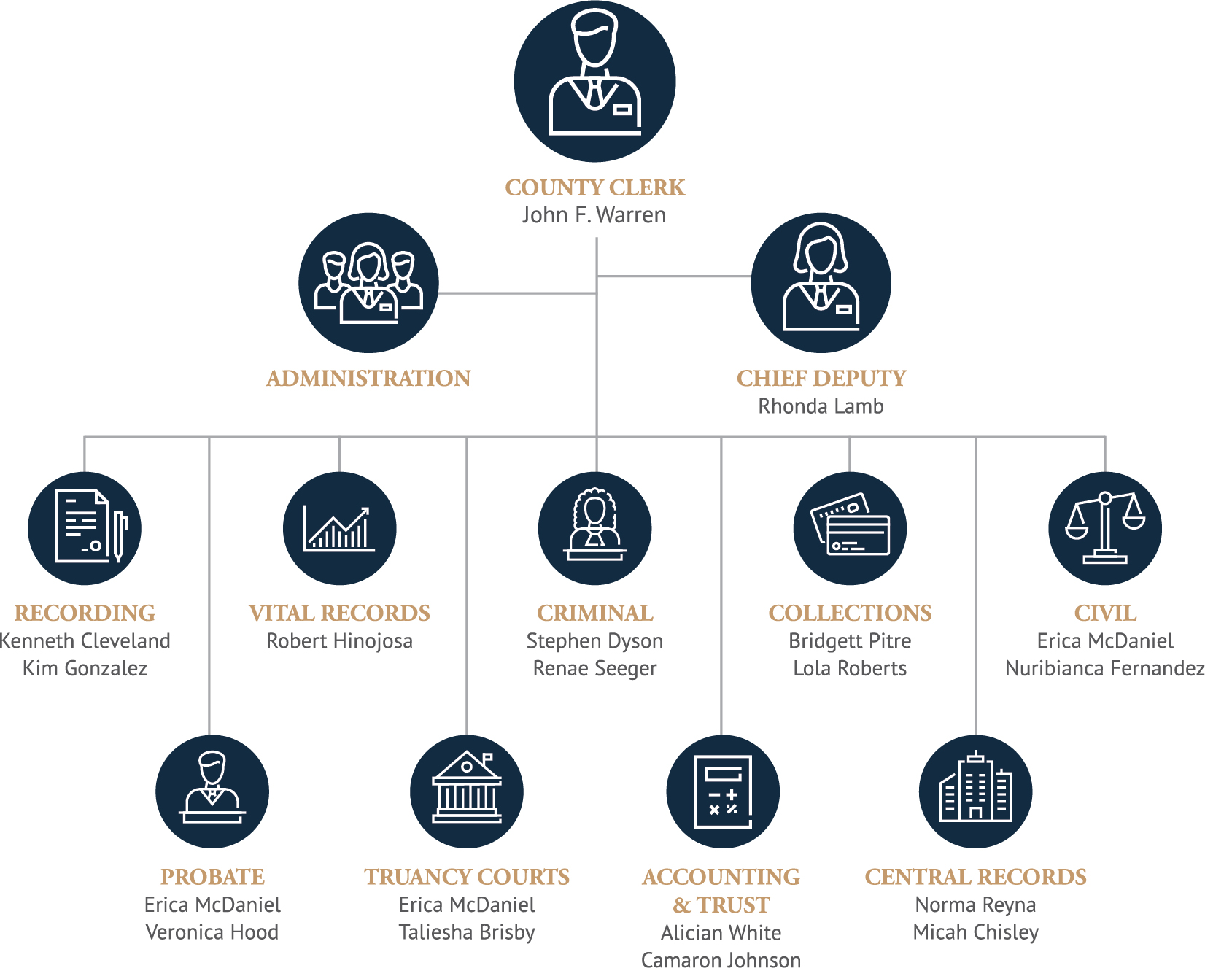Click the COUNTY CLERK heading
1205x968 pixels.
click(594, 187)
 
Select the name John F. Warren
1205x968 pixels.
click(594, 215)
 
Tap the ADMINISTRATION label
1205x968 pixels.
click(368, 379)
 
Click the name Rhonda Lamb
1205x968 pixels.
click(821, 406)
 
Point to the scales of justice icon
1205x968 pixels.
click(1104, 528)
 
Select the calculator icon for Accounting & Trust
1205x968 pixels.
click(722, 791)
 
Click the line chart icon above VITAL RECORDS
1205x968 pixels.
click(339, 528)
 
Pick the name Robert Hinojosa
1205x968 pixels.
click(339, 641)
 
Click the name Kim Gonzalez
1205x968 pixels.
click(85, 668)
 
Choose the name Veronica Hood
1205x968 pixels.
click(212, 932)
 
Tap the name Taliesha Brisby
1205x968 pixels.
click(467, 932)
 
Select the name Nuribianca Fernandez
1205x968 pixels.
click(1104, 668)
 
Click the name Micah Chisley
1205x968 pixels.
click(975, 932)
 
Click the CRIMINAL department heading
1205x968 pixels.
click(594, 613)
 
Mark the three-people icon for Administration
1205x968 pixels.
click(368, 283)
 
